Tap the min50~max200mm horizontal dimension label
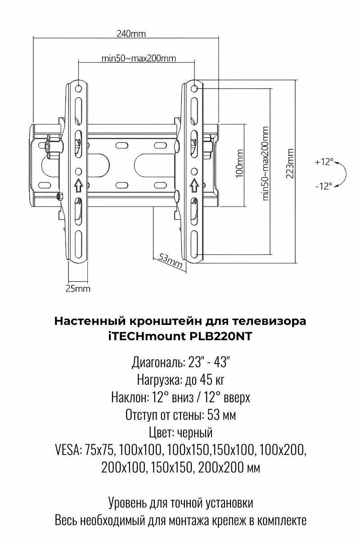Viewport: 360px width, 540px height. (x=138, y=58)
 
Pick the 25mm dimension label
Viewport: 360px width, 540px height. (x=78, y=289)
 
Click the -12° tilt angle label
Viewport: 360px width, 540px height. (x=324, y=185)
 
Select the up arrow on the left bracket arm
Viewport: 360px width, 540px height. (x=78, y=184)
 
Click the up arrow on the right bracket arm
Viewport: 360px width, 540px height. (x=194, y=184)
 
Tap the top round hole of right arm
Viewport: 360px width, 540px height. (x=194, y=88)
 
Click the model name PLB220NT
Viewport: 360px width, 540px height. (x=228, y=336)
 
